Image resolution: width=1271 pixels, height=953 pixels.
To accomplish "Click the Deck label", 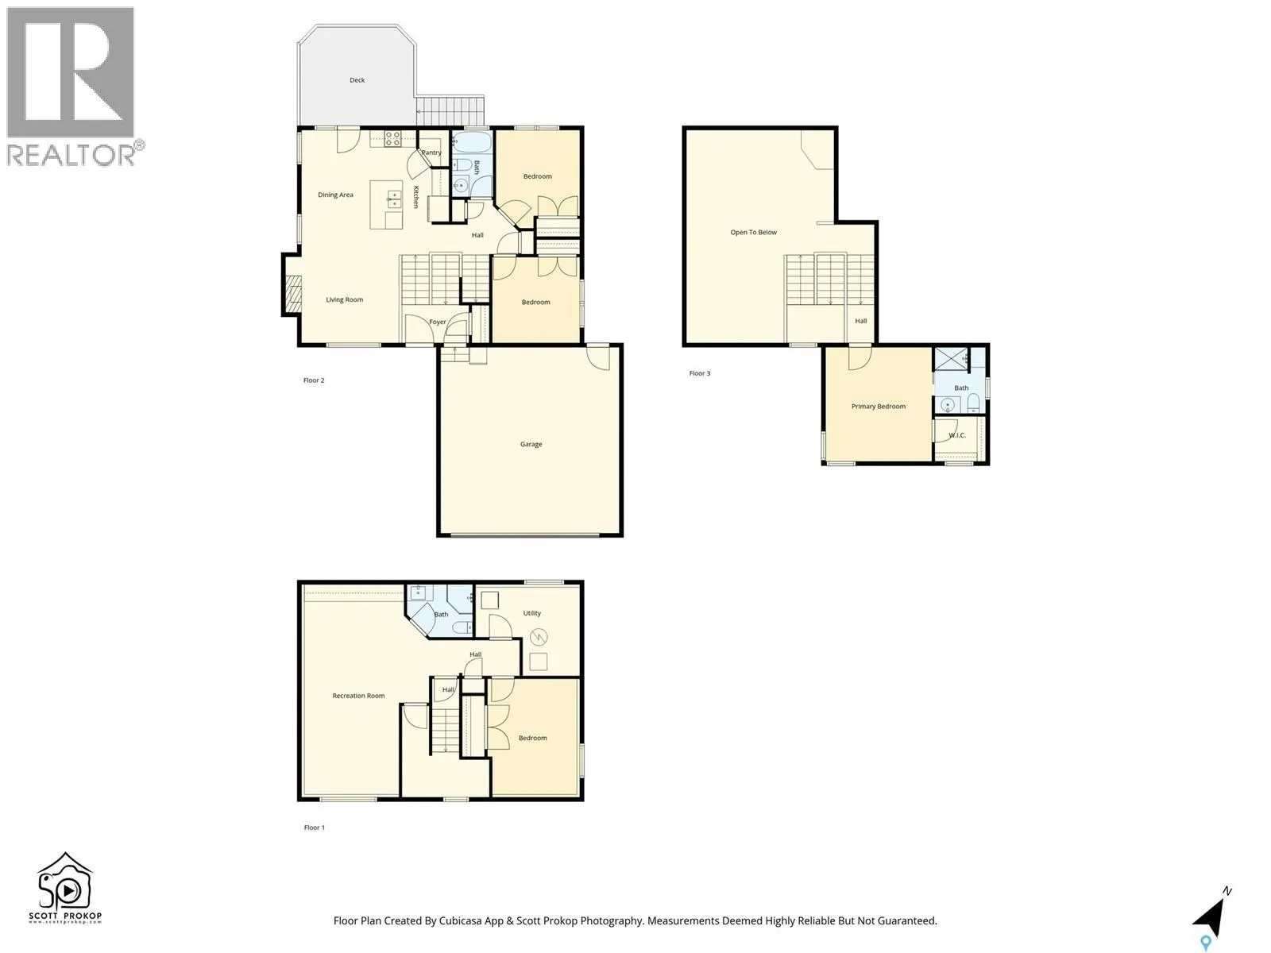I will (357, 80).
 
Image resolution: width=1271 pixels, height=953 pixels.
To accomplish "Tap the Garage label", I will (531, 445).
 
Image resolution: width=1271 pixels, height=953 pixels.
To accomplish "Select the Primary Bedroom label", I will (878, 407).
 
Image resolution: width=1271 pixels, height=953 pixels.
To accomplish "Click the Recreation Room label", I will (358, 696).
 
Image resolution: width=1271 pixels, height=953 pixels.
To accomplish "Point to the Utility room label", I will (531, 613).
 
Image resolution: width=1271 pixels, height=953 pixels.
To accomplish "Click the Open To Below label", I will (753, 233).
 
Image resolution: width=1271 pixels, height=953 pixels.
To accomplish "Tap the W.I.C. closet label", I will (956, 435).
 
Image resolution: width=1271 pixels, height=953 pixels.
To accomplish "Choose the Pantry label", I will (431, 152).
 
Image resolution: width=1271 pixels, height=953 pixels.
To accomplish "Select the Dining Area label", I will (335, 195).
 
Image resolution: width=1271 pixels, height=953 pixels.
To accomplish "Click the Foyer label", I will (438, 322).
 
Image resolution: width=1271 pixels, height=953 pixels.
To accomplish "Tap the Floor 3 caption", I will (699, 373).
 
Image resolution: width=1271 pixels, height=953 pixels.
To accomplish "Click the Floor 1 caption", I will (314, 828).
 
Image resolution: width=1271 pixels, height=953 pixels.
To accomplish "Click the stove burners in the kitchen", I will (392, 139).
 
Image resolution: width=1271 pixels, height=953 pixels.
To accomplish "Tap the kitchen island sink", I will (393, 199).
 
